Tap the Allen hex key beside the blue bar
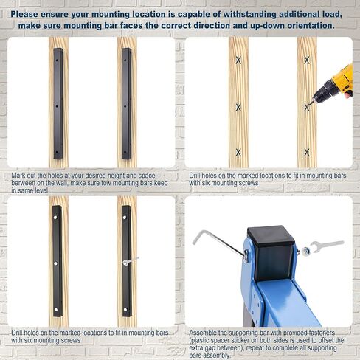216,241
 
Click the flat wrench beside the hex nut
327,245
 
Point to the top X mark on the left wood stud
238,60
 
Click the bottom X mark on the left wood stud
238,153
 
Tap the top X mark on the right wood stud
307,60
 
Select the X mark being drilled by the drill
307,108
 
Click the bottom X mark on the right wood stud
307,153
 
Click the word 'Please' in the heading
24,14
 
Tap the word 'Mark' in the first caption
18,176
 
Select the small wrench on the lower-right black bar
131,260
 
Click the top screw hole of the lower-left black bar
55,218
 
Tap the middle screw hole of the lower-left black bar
55,263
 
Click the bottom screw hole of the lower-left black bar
55,310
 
